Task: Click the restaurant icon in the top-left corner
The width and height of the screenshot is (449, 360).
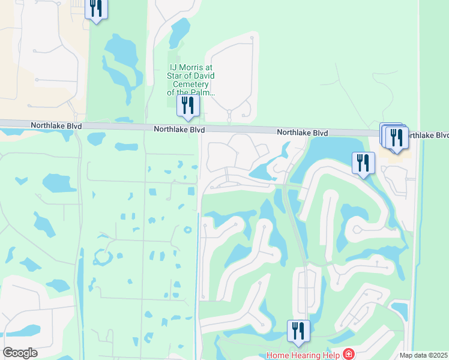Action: click(96, 8)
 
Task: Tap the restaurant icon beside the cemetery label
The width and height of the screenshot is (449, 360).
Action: click(188, 106)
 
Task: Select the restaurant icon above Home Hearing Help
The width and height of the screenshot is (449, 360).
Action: click(298, 330)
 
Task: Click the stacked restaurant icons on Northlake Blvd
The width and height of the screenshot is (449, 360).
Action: click(394, 136)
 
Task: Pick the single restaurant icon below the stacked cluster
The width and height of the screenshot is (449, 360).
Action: click(363, 163)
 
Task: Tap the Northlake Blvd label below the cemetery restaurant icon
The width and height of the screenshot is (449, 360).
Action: click(179, 129)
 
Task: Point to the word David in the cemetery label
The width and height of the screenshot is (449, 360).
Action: click(203, 76)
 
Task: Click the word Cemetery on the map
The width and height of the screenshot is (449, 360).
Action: click(191, 85)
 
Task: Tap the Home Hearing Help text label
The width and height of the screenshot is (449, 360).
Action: click(303, 355)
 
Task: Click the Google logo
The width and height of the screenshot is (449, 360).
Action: click(20, 353)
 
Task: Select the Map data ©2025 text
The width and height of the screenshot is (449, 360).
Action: click(423, 355)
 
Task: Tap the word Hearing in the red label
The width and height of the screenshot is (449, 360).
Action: click(305, 355)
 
